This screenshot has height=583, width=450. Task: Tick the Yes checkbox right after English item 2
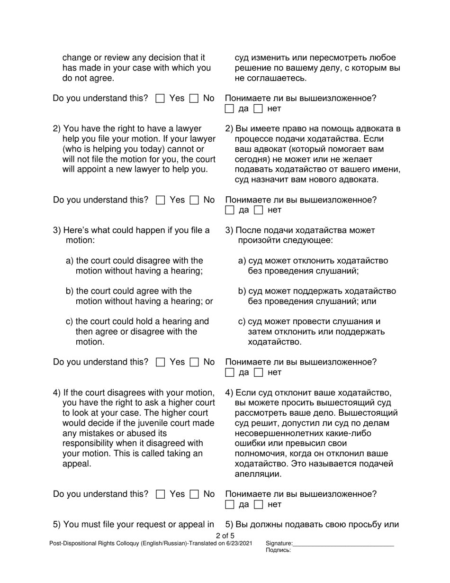click(x=160, y=200)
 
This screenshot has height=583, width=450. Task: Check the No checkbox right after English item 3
click(x=194, y=363)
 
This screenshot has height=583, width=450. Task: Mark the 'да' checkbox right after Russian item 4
click(x=230, y=505)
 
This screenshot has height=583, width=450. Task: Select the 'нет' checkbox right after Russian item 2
click(x=259, y=210)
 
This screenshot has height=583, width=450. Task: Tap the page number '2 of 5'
click(x=225, y=536)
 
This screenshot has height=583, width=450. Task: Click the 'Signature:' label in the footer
click(x=279, y=544)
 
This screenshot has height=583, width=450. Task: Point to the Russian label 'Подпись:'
click(x=278, y=550)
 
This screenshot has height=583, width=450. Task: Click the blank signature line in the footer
click(x=343, y=545)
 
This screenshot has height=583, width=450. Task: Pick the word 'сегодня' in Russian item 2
click(x=251, y=159)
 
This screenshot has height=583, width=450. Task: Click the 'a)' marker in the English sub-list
click(x=70, y=261)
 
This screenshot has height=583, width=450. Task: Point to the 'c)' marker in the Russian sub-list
click(x=242, y=322)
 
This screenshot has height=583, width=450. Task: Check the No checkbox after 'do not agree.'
click(x=194, y=99)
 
